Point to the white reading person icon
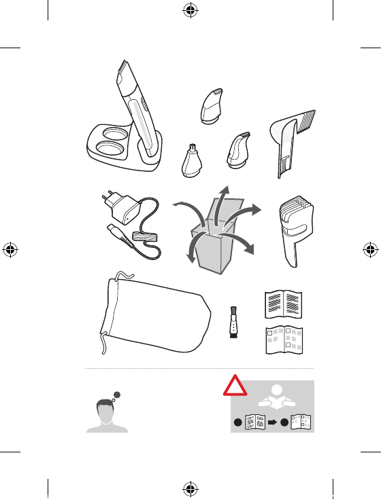tap(276, 401)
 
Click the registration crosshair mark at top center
tap(190, 10)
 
